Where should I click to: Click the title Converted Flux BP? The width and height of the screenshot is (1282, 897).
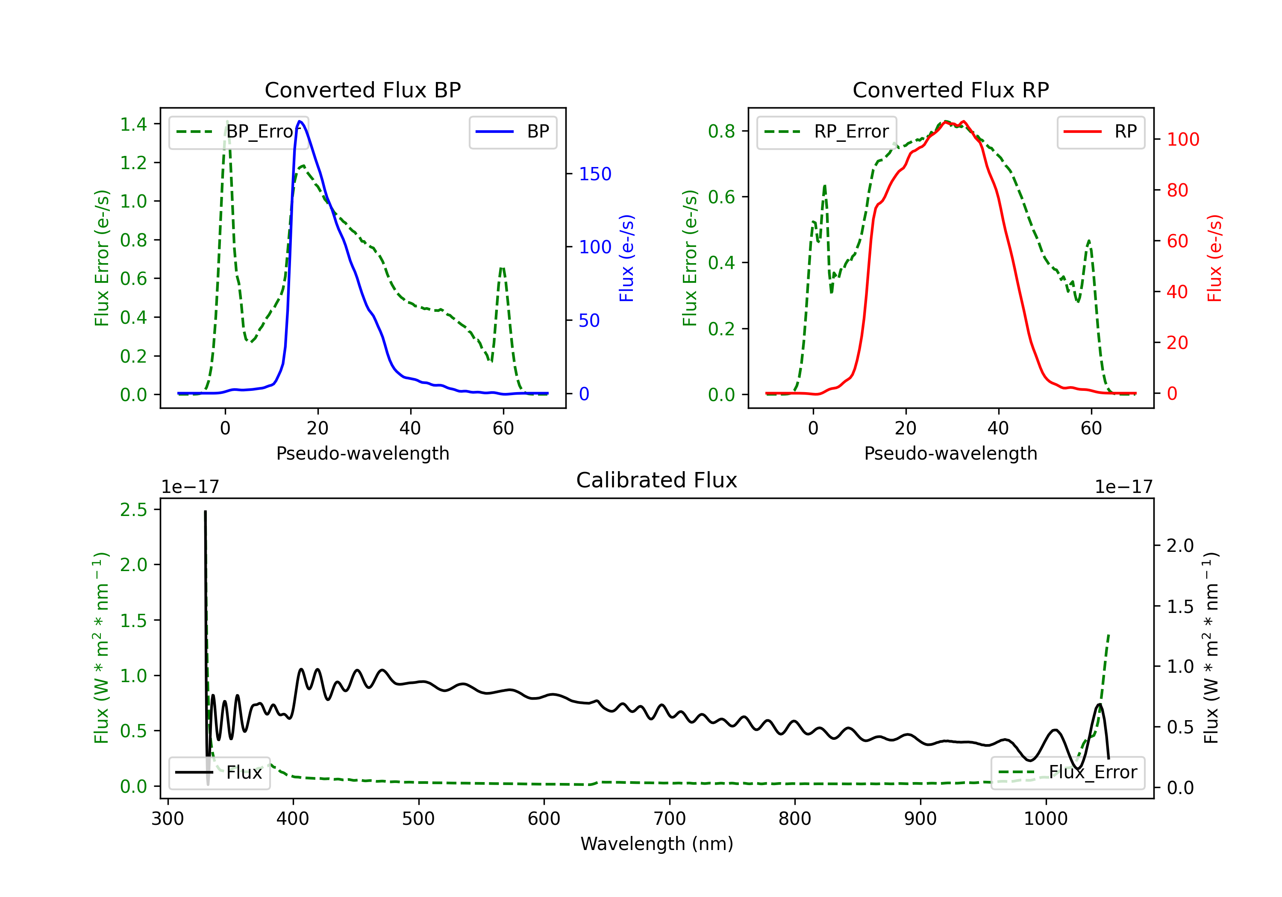362,90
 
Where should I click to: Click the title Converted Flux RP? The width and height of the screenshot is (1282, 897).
950,90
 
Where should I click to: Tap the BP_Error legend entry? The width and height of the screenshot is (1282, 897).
238,132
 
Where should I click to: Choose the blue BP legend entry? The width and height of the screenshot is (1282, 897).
512,132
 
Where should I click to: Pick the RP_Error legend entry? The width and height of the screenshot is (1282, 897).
826,132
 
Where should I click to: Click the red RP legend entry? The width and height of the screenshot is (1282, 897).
1100,132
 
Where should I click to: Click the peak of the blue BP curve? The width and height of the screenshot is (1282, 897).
300,121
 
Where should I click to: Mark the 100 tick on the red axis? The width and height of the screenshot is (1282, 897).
1182,140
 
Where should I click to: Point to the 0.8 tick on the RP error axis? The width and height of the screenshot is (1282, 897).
721,131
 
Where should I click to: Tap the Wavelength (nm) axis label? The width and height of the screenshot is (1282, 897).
657,844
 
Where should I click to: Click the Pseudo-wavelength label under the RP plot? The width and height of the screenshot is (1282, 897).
950,453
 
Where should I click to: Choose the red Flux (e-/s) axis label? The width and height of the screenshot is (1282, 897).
1215,258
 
